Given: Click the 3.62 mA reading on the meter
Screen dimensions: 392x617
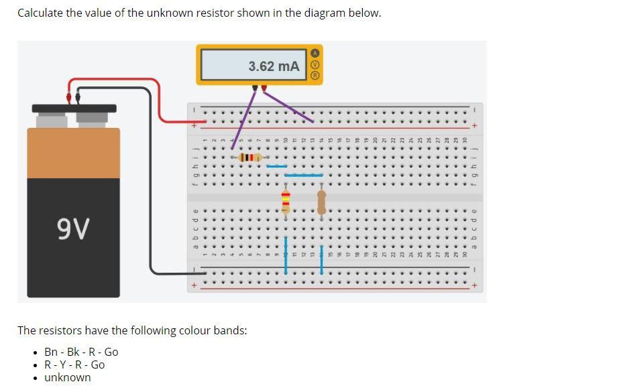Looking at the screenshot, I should click(273, 66).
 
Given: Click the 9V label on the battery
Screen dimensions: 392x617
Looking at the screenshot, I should click(73, 229).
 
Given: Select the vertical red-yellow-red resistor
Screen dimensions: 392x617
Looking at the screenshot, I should click(286, 200).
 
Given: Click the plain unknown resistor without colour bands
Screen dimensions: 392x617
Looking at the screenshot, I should click(321, 201).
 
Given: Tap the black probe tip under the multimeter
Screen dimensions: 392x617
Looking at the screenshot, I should click(255, 88).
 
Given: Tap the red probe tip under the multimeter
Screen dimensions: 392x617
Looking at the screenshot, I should click(264, 88).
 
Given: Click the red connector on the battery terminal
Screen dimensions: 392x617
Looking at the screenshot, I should click(68, 97).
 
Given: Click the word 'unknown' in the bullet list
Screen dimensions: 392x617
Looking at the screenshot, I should click(67, 377).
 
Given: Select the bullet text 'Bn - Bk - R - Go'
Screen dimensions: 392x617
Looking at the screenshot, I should click(81, 352).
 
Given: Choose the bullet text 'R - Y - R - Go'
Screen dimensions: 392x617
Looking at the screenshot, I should click(74, 365).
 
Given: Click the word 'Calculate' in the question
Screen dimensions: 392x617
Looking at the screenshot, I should click(40, 13).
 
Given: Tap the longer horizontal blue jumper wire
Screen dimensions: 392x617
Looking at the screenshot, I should click(304, 175).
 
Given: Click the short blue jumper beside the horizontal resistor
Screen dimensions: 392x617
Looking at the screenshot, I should click(276, 166).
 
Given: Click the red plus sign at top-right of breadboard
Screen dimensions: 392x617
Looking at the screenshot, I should click(474, 125).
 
